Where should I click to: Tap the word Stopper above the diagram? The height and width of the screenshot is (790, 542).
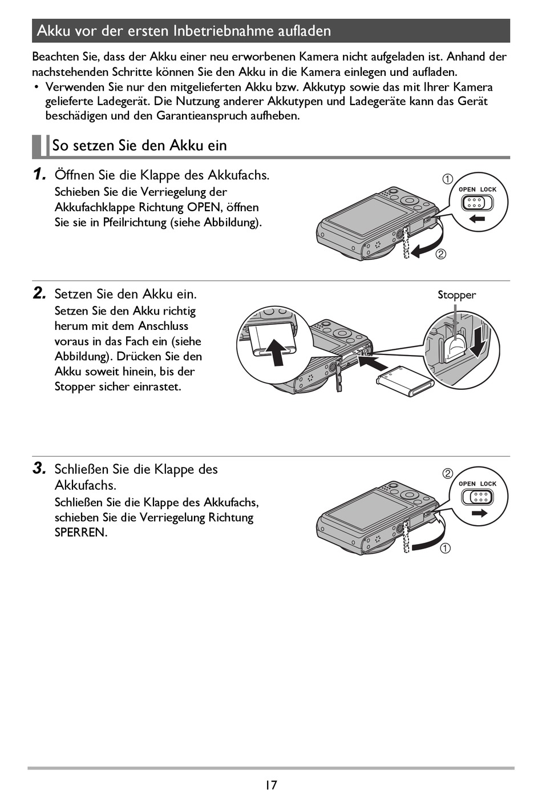point(456,295)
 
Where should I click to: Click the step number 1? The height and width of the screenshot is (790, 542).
point(39,174)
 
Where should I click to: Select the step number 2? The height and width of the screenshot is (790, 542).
point(39,293)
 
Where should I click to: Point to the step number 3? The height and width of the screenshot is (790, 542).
point(39,469)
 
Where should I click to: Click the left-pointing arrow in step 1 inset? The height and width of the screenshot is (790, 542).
point(477,219)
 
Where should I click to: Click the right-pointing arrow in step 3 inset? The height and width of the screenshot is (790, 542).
point(479,513)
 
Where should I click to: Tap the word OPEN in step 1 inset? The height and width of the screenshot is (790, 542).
point(467,190)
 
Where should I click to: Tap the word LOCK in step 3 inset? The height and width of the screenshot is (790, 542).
point(488,484)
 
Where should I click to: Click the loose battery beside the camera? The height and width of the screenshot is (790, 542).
point(405,382)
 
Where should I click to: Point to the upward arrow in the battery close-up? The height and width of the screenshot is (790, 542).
point(276,352)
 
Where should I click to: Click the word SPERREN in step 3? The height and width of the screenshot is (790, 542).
point(80,533)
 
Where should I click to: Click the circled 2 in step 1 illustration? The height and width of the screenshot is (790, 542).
point(441,254)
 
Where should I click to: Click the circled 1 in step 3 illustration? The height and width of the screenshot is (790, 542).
point(446,548)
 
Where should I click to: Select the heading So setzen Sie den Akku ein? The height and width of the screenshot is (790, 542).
point(139,146)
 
